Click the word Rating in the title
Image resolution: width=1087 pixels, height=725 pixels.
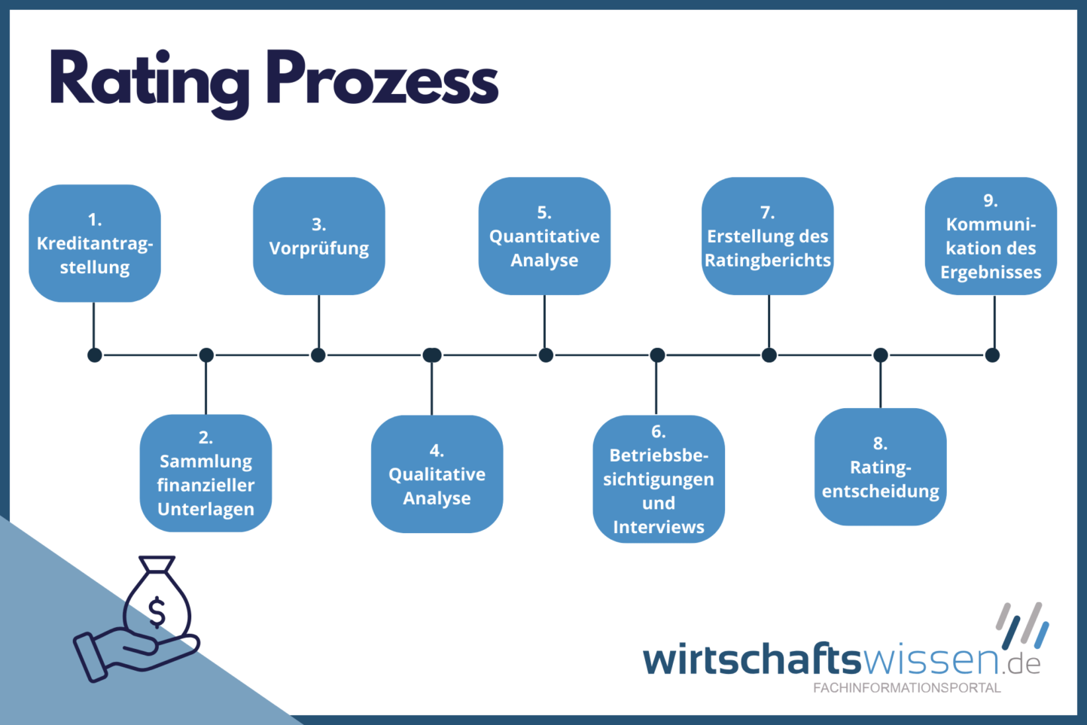(149, 80)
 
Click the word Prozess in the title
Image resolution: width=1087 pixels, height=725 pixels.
(382, 80)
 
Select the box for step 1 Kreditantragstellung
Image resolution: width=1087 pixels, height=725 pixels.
(95, 243)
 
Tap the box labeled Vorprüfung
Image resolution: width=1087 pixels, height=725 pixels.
(319, 236)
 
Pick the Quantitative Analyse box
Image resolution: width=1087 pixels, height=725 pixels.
(544, 236)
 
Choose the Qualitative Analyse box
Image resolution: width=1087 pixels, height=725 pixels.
(437, 474)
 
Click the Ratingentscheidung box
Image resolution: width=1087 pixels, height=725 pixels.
(880, 467)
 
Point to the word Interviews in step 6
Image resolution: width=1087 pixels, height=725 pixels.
(659, 527)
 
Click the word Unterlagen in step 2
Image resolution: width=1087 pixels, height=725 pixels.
(206, 509)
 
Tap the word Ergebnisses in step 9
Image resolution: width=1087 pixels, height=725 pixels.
(991, 272)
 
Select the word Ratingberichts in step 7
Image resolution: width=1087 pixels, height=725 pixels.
(768, 260)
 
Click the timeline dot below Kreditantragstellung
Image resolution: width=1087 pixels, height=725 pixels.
(95, 355)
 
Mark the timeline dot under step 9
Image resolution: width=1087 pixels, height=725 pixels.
(992, 355)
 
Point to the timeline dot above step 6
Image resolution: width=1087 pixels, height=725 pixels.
(657, 355)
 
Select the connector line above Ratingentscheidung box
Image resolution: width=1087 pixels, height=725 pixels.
(880, 384)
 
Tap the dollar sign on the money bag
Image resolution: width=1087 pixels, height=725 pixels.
(157, 611)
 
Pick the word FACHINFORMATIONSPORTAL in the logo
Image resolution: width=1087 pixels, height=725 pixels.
(907, 687)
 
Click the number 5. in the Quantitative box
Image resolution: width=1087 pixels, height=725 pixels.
(544, 212)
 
